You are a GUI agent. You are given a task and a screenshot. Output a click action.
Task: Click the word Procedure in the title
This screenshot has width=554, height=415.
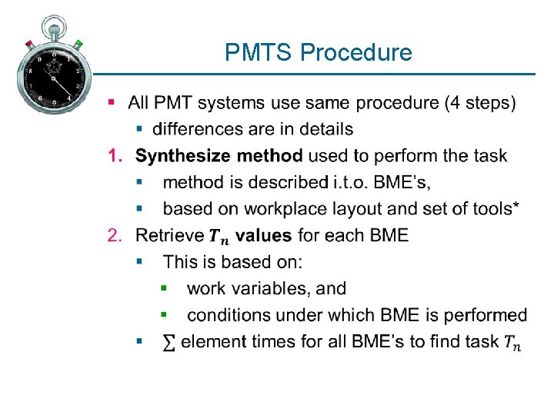356,53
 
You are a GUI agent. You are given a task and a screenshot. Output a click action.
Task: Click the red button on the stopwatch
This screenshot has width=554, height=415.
28,43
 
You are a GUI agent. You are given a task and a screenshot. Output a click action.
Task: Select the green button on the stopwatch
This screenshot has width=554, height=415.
79,44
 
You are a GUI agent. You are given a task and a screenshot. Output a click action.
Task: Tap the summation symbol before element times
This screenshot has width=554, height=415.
169,342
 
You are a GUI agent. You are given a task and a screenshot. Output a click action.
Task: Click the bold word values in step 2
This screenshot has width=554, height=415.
264,235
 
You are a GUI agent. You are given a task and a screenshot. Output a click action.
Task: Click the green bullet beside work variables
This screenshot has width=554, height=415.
163,288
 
